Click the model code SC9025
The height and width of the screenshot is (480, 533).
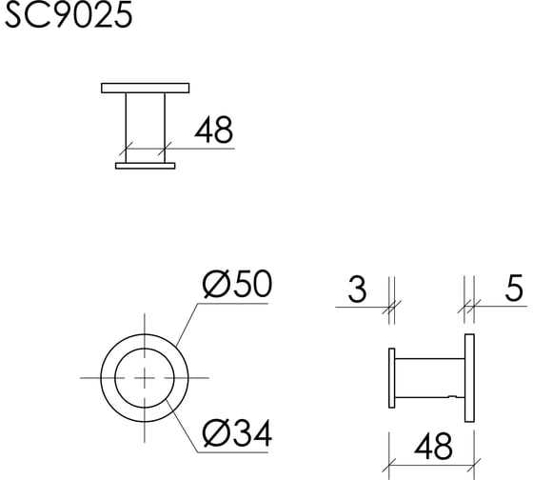point(68,15)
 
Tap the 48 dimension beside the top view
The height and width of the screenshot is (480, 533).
point(213,130)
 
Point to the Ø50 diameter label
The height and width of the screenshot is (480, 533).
point(237,285)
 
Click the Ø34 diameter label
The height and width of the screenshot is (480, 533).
point(237,434)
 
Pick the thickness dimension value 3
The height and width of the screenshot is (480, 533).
point(356,290)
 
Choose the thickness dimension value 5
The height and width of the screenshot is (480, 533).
point(514,290)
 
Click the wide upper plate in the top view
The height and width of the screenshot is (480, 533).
point(146,89)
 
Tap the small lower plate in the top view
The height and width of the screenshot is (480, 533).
point(146,166)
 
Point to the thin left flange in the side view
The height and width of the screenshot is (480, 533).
point(392,379)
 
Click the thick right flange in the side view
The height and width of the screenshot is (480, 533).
point(469,377)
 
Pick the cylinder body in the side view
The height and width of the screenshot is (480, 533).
point(429,379)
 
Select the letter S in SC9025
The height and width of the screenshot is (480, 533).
point(17,15)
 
